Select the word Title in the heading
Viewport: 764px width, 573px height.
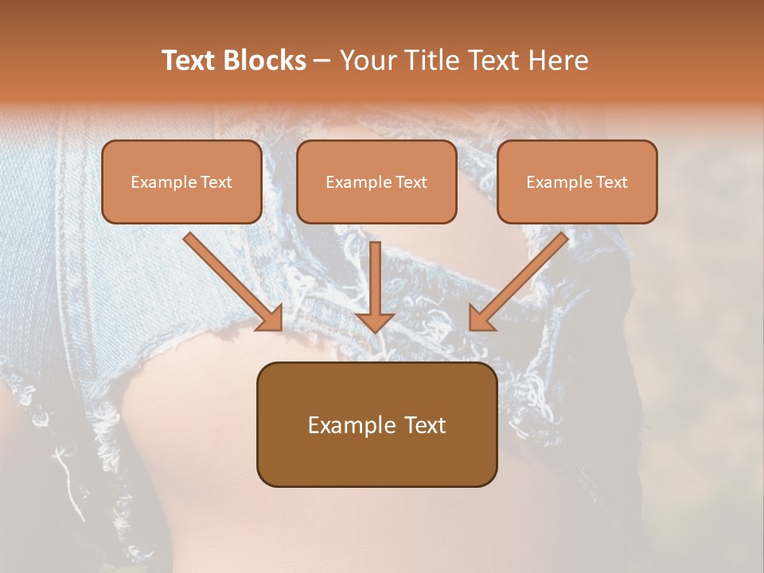tap(432, 60)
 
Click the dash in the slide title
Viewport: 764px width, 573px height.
tap(322, 61)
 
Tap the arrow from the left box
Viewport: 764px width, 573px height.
tap(231, 279)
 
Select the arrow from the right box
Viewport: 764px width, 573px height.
tap(521, 279)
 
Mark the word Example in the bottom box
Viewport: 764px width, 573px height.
tap(351, 425)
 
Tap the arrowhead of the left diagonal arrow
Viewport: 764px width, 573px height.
tap(271, 318)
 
